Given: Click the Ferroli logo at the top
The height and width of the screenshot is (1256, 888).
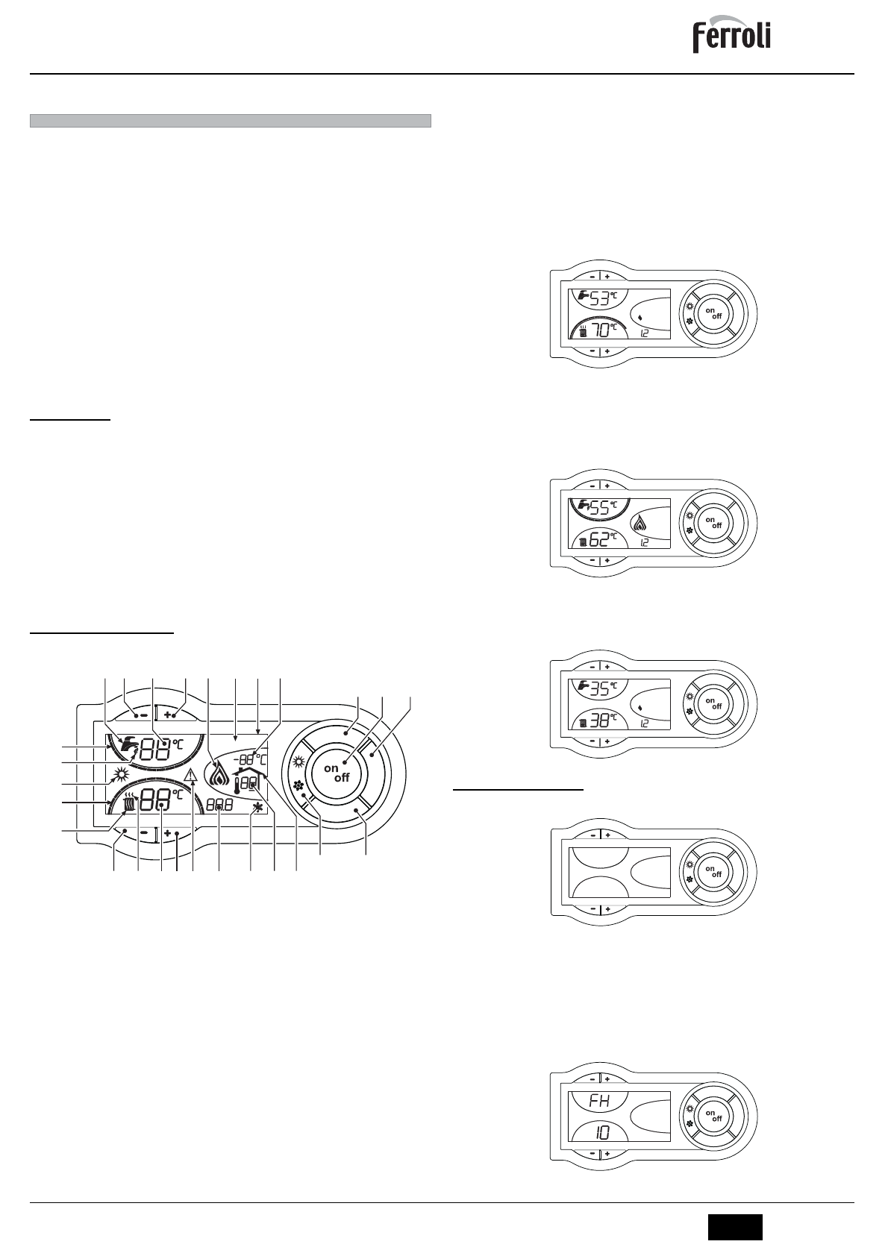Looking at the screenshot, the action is (732, 37).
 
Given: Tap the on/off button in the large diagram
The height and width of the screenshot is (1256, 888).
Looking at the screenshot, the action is (337, 773).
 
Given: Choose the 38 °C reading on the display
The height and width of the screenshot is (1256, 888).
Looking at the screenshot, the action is (599, 720).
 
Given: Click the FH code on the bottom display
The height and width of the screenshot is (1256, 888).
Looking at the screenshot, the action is (600, 1101).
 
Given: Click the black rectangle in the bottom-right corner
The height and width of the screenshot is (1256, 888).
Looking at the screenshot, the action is (735, 1228).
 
